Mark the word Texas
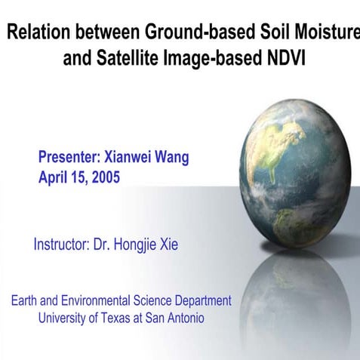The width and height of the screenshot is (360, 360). tap(121, 318)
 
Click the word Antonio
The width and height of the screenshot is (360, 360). tap(184, 318)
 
